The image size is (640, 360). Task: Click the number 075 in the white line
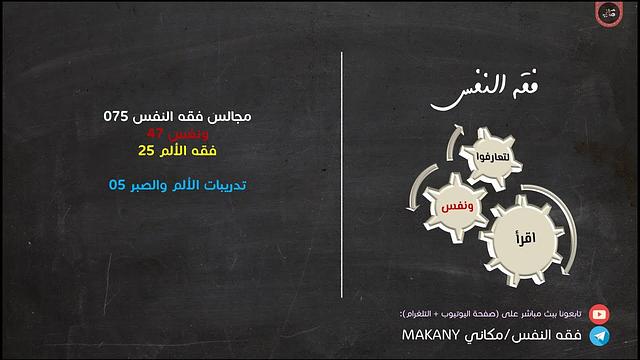117,116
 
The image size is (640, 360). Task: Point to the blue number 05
117,185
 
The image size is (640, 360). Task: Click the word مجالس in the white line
231,116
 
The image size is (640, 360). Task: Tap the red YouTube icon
599,313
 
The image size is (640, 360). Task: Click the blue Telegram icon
599,337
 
